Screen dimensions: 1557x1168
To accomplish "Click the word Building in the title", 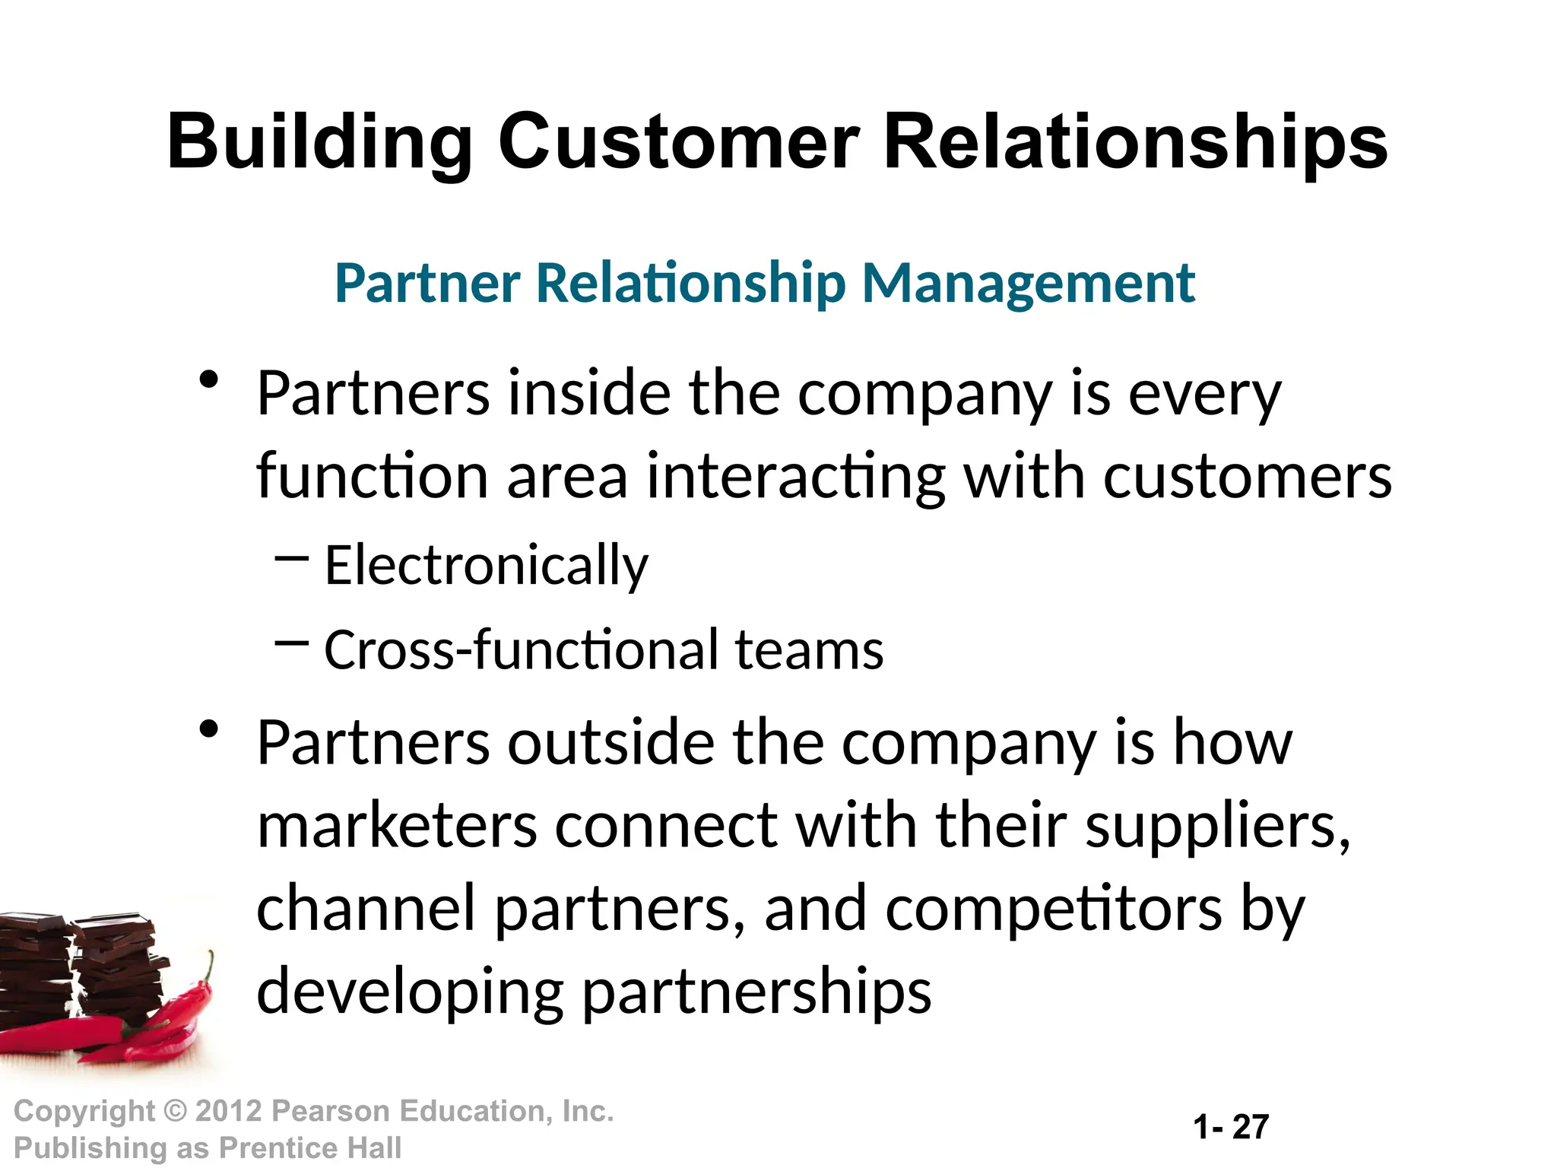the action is click(x=319, y=142).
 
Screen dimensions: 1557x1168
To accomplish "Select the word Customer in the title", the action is click(x=678, y=142).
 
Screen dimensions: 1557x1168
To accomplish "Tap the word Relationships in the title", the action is click(x=1135, y=142).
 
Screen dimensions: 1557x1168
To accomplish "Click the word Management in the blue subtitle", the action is click(x=1029, y=283).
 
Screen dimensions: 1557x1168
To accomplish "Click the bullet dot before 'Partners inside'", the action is click(x=209, y=379).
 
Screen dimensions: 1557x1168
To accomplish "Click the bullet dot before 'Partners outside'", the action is click(x=209, y=730).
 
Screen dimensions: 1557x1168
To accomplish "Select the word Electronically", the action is click(x=487, y=565).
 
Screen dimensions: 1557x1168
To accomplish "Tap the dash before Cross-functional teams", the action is click(x=291, y=644).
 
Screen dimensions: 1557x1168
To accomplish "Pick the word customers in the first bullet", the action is click(x=1248, y=477).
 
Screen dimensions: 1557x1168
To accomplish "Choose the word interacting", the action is click(x=796, y=477).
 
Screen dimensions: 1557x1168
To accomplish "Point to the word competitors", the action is click(x=1054, y=909).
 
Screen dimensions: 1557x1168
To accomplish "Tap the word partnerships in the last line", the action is click(x=756, y=992).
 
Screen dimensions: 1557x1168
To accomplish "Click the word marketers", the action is click(x=397, y=827).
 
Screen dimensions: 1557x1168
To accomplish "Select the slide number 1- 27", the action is click(x=1231, y=1127).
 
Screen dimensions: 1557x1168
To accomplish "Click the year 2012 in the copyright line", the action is click(x=229, y=1111).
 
